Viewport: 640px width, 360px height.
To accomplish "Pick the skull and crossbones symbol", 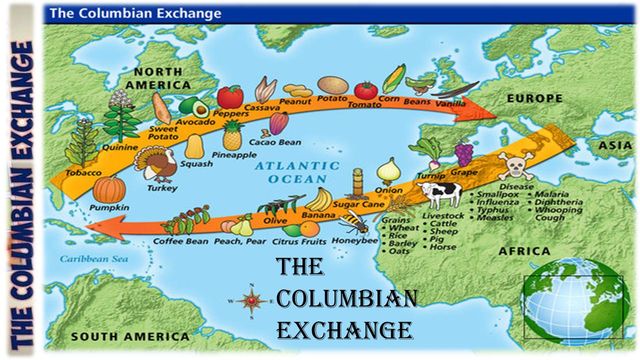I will (x=515, y=166).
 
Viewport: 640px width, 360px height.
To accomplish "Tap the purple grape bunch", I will (x=464, y=154).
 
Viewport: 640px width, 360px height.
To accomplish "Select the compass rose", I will (x=251, y=298).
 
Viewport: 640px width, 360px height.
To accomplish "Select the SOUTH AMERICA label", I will (x=109, y=337).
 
